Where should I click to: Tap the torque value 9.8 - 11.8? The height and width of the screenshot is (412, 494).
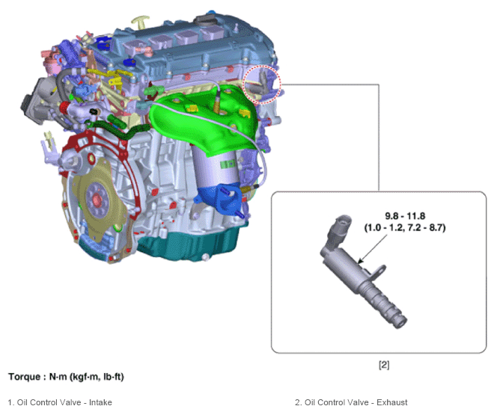405,216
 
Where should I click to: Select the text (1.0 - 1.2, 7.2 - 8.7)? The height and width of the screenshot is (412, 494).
405,227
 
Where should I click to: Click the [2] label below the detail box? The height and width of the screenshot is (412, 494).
384,365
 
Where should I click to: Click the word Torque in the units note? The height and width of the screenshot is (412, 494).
24,377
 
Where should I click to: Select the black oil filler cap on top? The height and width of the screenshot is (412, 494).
206,20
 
